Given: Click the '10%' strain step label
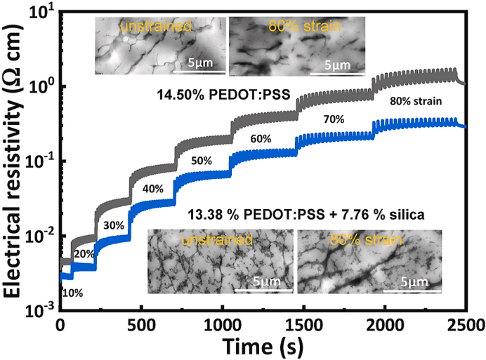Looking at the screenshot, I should [x=72, y=293].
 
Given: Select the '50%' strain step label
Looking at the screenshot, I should [x=202, y=161].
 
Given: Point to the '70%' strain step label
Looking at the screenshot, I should [x=333, y=119].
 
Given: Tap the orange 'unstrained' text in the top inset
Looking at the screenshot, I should [x=147, y=28].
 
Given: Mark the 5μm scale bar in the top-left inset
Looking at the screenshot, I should [x=200, y=70].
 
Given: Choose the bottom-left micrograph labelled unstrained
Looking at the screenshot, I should [x=221, y=262].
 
